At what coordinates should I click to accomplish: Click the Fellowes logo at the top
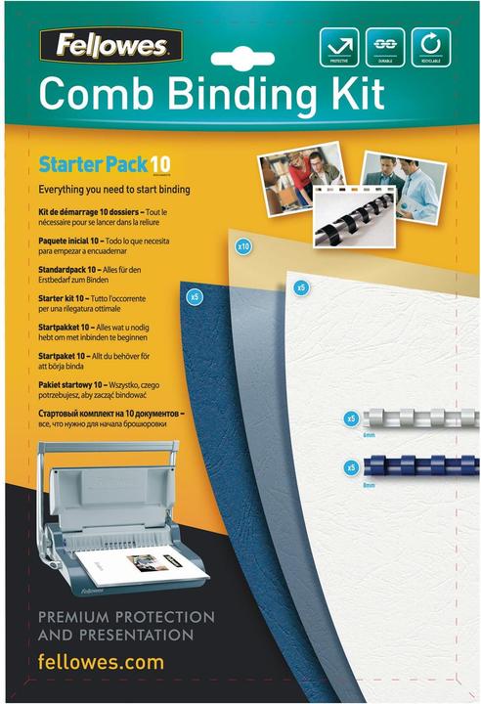pyautogui.click(x=110, y=44)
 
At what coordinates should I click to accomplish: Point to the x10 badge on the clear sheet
pyautogui.click(x=244, y=247)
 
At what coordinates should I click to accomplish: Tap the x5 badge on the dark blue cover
pyautogui.click(x=196, y=295)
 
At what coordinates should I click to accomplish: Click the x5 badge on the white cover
pyautogui.click(x=302, y=287)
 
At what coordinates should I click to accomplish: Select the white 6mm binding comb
pyautogui.click(x=420, y=418)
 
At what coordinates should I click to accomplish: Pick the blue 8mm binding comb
pyautogui.click(x=420, y=466)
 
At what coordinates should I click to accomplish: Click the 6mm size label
pyautogui.click(x=369, y=434)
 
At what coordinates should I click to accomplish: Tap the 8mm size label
pyautogui.click(x=369, y=484)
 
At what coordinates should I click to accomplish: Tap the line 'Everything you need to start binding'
pyautogui.click(x=113, y=189)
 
